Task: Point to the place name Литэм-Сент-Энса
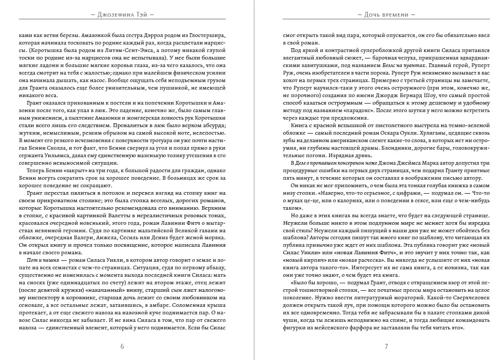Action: point(112,47)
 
